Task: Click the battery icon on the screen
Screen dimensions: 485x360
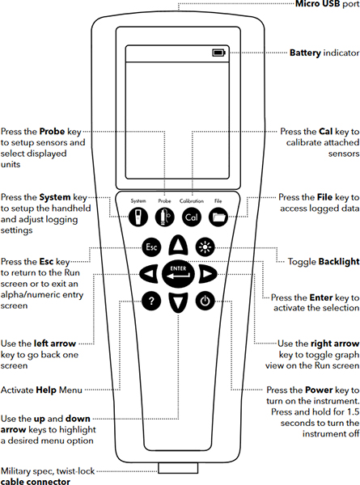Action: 218,53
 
